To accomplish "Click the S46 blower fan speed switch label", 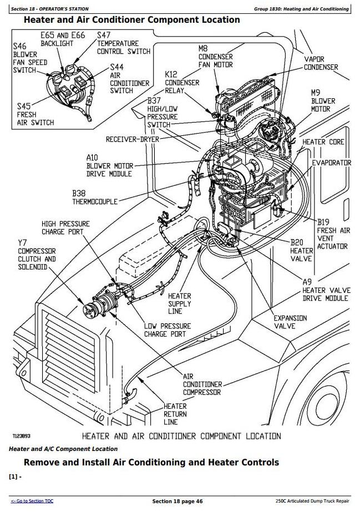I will [x=25, y=58].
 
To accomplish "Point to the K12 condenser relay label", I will [x=181, y=83].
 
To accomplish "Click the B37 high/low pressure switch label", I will [x=162, y=113].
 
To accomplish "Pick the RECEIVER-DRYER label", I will [x=132, y=139].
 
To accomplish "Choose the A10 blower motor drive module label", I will [x=109, y=166].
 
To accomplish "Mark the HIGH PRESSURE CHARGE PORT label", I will [x=65, y=228].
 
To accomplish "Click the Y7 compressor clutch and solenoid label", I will [x=37, y=255].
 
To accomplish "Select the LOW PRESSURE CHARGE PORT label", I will [x=167, y=329].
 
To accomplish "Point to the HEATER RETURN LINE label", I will [x=175, y=414].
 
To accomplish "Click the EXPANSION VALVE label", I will [x=290, y=322].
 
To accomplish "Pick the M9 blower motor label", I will [x=322, y=101].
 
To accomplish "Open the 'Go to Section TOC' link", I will [x=32, y=501].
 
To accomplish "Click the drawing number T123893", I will [x=22, y=436].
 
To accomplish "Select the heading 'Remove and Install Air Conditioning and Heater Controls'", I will [x=151, y=462].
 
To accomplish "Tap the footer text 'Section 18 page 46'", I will [x=177, y=501].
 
